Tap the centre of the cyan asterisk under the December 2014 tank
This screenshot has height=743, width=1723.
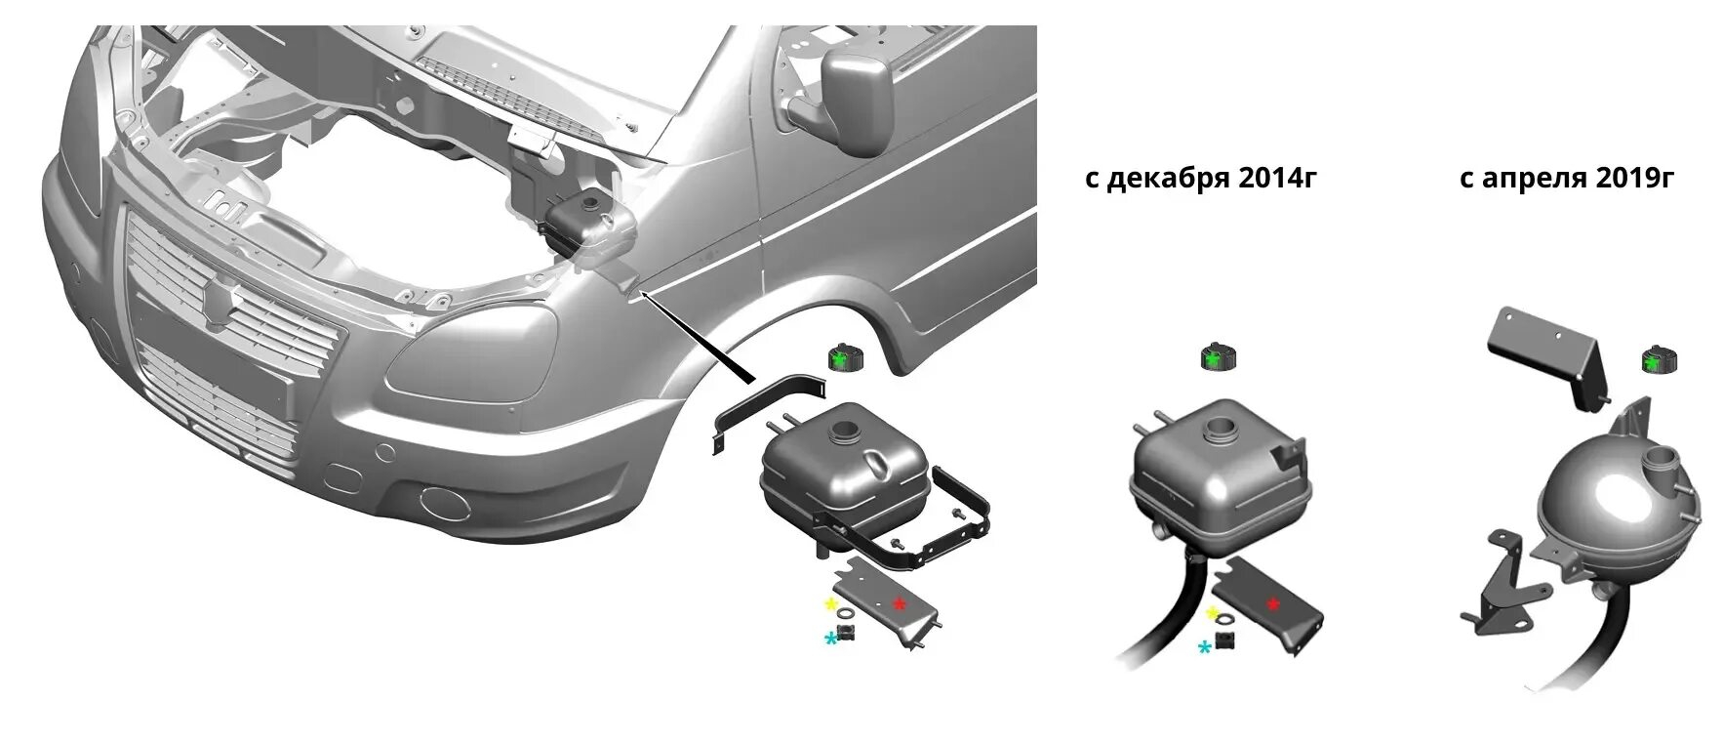pyautogui.click(x=1206, y=646)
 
